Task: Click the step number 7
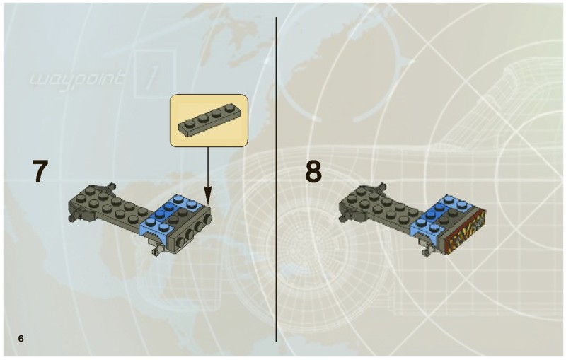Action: click(x=40, y=171)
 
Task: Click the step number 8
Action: click(x=313, y=172)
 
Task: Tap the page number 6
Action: click(x=21, y=338)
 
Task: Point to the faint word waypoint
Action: click(x=77, y=79)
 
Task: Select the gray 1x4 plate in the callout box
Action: click(x=209, y=120)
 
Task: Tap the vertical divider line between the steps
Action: click(x=277, y=179)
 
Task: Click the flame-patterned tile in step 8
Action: click(x=464, y=233)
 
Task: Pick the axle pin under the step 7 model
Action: click(x=156, y=248)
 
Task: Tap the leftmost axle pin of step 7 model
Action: click(x=73, y=216)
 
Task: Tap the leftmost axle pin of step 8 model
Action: click(x=343, y=216)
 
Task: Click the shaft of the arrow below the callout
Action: click(x=207, y=167)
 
